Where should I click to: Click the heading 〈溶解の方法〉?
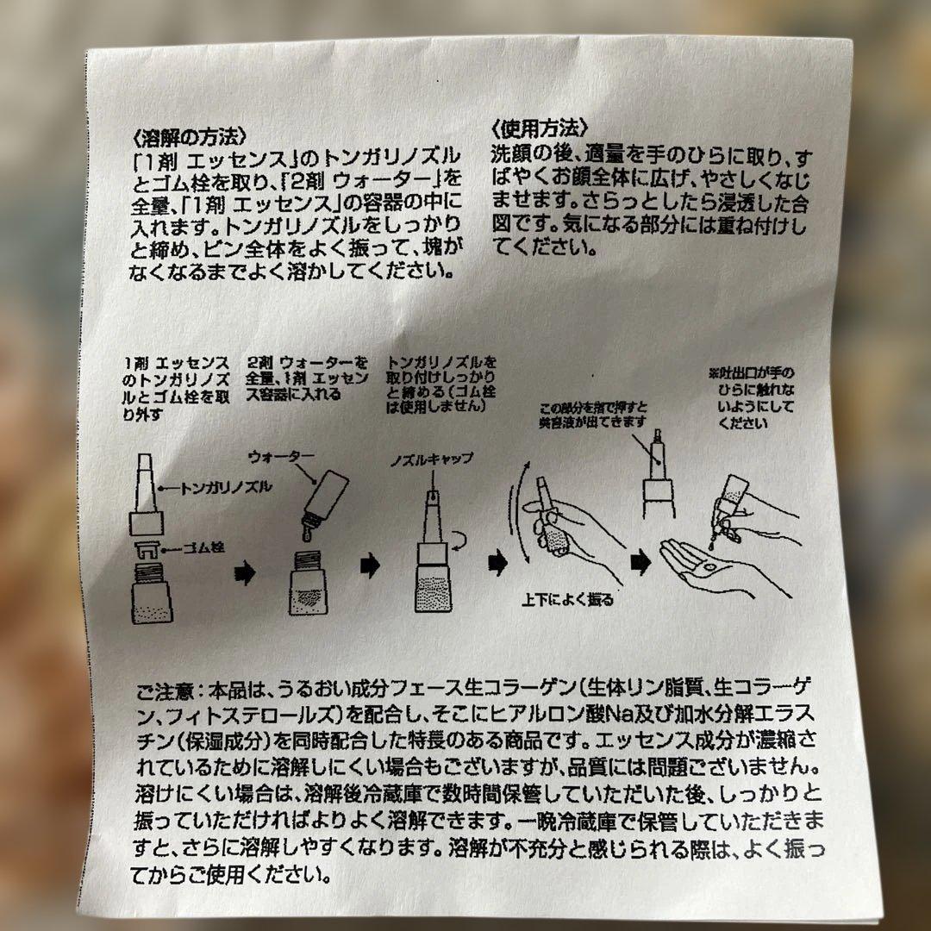tap(189, 137)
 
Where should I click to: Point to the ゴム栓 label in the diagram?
tap(203, 547)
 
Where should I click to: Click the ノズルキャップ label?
tap(432, 459)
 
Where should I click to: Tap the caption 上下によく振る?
tap(567, 600)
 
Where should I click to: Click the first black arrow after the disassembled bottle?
tap(245, 573)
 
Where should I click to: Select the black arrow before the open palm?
tap(640, 562)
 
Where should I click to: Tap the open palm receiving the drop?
tap(713, 568)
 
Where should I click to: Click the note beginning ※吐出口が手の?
tap(752, 397)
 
